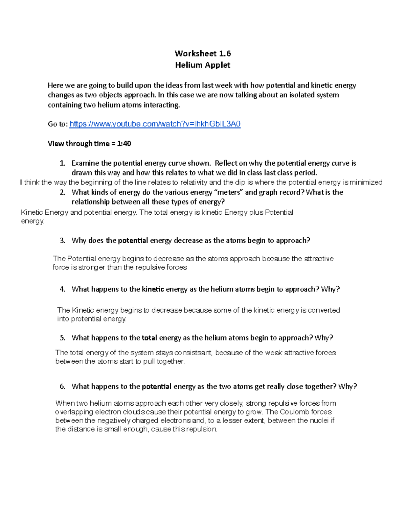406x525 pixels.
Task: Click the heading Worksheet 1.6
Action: pos(203,53)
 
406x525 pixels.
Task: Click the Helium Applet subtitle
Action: pos(203,65)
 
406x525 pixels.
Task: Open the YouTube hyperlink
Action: pos(155,124)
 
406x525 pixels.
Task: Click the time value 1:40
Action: pos(124,144)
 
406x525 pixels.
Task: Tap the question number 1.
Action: pos(62,163)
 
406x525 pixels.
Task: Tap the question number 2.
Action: pos(62,192)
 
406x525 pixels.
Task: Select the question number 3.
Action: pos(62,241)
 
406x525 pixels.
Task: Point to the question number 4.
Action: pos(62,289)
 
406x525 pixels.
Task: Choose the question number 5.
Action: pos(62,338)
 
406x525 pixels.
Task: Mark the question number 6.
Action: pos(62,386)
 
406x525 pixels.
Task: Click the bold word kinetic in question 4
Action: pos(153,289)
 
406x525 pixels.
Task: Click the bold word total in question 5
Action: pos(149,338)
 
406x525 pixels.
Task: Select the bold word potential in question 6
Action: pos(157,386)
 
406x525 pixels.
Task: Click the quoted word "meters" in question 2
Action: pos(228,192)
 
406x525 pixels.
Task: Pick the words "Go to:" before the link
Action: pos(58,124)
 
